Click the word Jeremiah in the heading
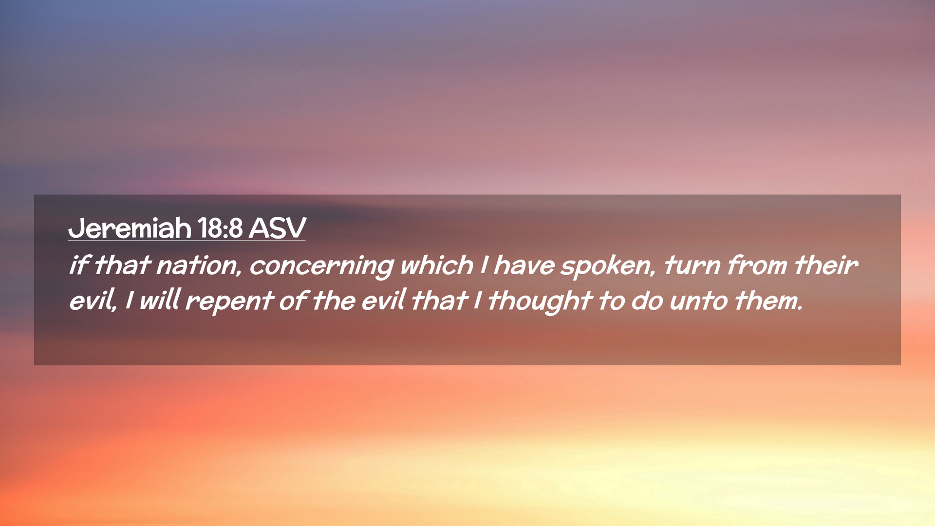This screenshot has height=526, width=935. click(x=130, y=228)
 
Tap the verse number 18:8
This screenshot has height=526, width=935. click(x=221, y=227)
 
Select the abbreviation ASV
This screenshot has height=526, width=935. click(x=278, y=227)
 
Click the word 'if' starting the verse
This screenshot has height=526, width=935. click(x=79, y=265)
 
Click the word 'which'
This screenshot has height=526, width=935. click(x=436, y=265)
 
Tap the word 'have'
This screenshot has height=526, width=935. click(x=524, y=265)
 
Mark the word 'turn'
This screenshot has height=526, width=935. click(x=692, y=266)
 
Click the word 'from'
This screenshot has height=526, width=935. click(x=757, y=265)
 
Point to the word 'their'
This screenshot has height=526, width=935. click(x=825, y=265)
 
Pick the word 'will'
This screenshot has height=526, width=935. click(x=160, y=300)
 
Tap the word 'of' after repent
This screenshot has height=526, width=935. click(x=292, y=300)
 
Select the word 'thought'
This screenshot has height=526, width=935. click(x=540, y=301)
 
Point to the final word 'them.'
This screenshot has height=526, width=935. click(x=768, y=300)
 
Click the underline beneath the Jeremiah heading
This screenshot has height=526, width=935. click(x=187, y=240)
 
